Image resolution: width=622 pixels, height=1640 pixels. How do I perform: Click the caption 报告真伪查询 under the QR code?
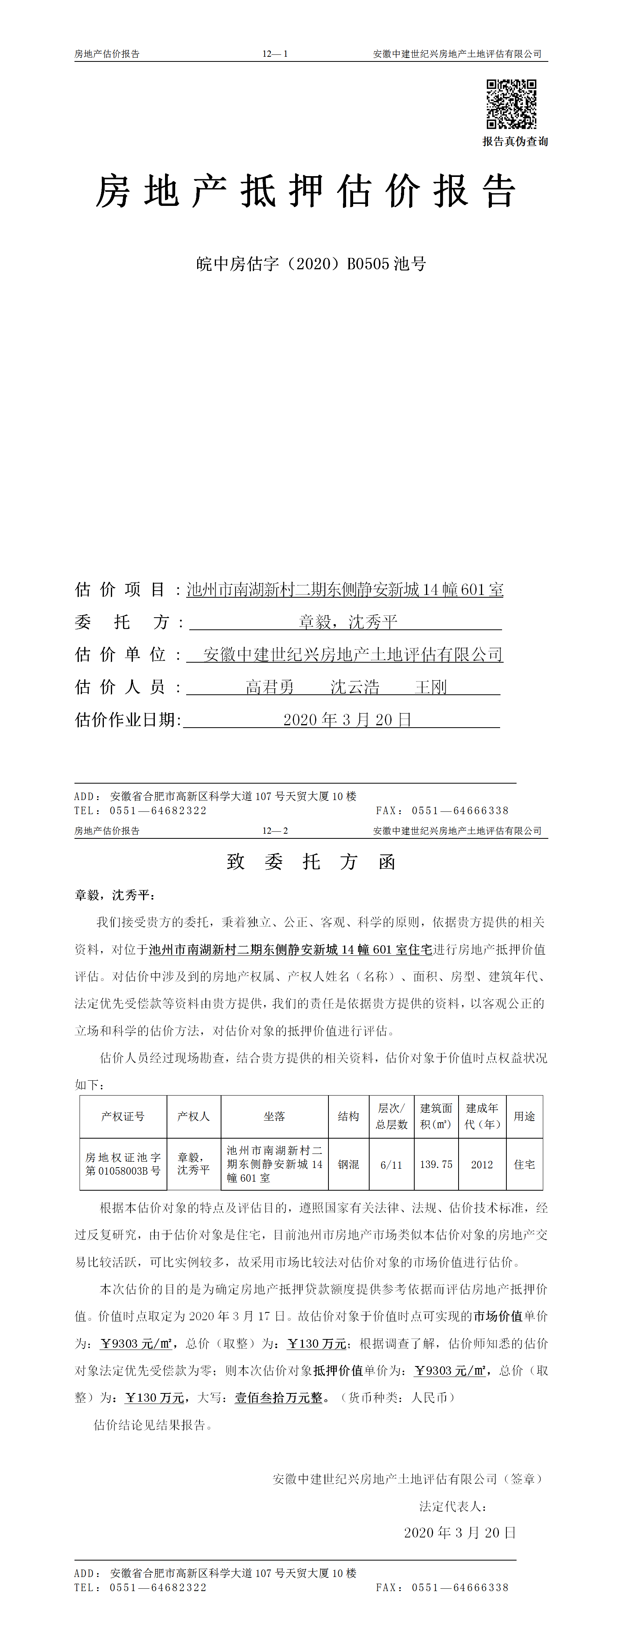click(515, 141)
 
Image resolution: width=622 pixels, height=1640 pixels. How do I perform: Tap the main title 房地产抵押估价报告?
click(305, 191)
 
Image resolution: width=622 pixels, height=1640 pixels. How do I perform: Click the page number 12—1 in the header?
click(275, 54)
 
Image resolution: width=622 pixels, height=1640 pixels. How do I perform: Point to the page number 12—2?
click(275, 831)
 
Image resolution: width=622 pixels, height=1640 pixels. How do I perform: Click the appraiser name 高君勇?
click(270, 687)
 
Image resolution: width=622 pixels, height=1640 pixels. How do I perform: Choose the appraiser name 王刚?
click(431, 687)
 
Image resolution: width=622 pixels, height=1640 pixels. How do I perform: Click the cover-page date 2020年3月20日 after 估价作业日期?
click(347, 720)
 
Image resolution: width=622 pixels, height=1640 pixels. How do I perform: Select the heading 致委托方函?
click(311, 862)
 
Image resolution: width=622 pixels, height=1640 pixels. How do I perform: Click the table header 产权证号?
click(123, 1117)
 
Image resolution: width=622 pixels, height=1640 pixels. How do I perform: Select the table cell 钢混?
click(348, 1164)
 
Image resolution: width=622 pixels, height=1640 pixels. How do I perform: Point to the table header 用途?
click(524, 1117)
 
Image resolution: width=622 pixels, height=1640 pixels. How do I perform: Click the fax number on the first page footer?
click(460, 811)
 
